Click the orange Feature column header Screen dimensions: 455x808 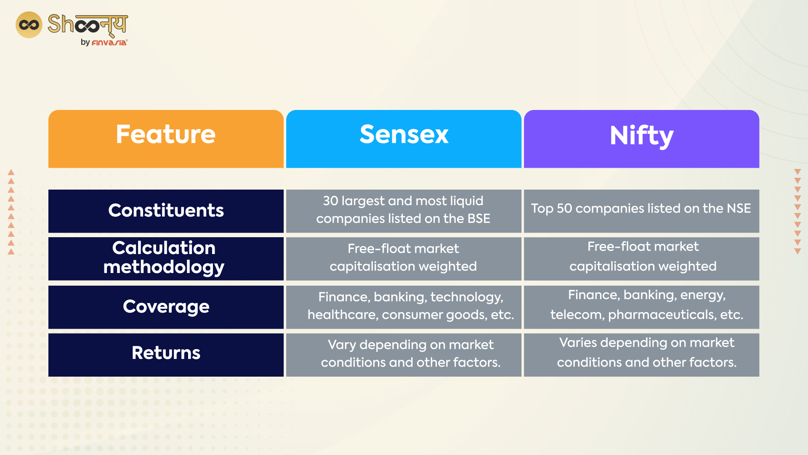166,139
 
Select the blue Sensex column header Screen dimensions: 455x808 404,139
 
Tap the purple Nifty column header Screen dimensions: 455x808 641,139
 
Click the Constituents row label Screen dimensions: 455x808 166,211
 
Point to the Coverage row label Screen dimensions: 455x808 166,307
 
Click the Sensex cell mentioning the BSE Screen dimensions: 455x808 404,211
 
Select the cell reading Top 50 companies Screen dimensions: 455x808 641,211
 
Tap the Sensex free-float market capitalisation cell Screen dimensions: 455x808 404,258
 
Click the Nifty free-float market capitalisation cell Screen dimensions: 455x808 641,258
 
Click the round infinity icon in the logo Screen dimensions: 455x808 29,25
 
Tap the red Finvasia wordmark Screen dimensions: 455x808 109,43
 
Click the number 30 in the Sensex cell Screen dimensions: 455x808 330,201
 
